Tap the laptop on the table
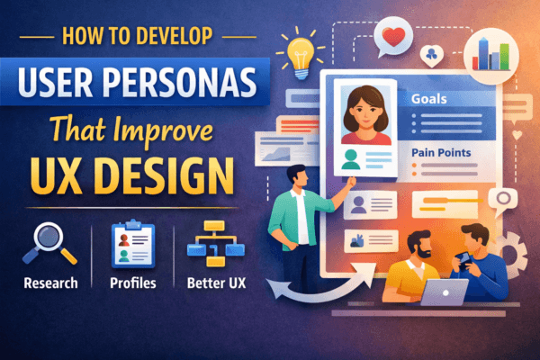click(x=441, y=292)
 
